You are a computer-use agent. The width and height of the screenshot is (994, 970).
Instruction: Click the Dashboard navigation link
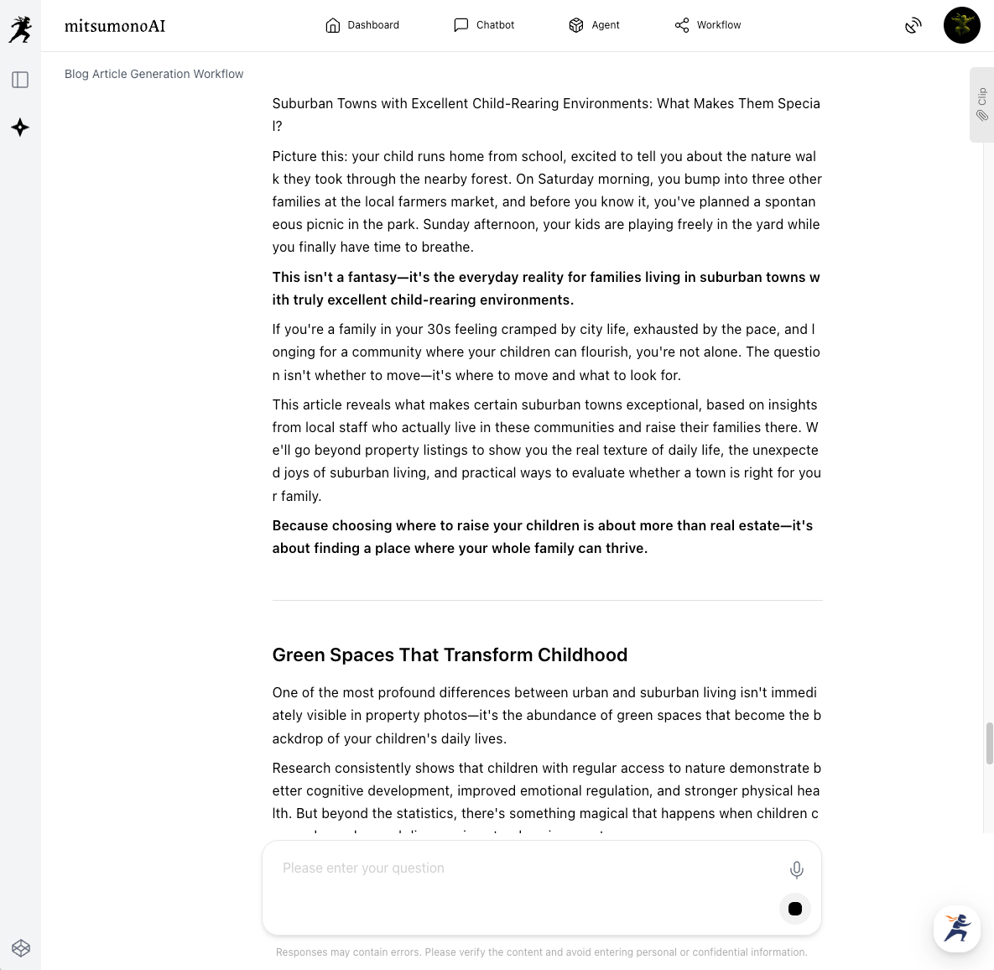click(362, 25)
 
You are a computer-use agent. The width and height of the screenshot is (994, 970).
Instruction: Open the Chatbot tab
click(484, 25)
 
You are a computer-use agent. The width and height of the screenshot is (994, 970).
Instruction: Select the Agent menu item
click(594, 25)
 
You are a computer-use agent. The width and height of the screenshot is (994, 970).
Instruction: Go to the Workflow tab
click(708, 25)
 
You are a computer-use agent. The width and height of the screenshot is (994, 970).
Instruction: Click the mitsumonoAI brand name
click(115, 26)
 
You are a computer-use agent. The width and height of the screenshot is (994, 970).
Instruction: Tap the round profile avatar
click(961, 25)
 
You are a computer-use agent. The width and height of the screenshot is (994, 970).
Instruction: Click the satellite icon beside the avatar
click(913, 26)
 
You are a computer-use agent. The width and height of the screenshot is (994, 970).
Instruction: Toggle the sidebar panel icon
click(20, 80)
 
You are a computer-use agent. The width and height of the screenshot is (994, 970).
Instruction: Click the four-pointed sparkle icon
click(20, 128)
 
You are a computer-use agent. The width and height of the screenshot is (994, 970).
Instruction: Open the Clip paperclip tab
click(981, 105)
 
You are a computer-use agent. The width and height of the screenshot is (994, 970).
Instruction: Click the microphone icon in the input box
click(796, 870)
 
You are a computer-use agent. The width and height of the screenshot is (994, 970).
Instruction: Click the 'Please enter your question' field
click(520, 868)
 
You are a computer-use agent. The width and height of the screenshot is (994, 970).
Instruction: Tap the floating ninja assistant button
click(957, 928)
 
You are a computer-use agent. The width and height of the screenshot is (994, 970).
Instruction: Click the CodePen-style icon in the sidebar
click(21, 948)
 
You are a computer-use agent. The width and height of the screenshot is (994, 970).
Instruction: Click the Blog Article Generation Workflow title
click(154, 74)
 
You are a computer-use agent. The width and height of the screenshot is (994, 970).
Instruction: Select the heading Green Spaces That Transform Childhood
click(450, 655)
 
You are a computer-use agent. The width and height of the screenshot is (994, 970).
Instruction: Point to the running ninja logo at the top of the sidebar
click(20, 29)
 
